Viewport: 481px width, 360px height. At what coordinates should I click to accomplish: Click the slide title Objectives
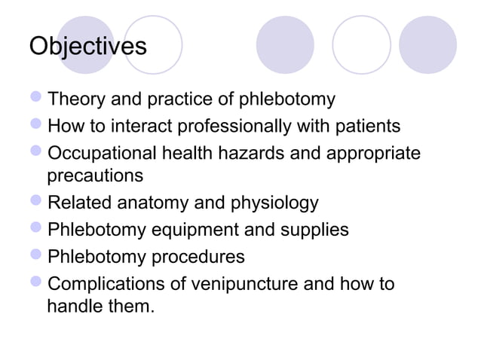[x=87, y=46]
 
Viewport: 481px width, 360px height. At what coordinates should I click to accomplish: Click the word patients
[x=369, y=125]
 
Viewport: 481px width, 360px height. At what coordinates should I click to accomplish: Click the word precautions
[x=94, y=177]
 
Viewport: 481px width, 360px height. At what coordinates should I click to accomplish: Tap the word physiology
[x=277, y=204]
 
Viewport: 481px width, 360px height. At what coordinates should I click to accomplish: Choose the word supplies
[x=320, y=230]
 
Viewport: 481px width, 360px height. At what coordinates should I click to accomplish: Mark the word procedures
[x=199, y=256]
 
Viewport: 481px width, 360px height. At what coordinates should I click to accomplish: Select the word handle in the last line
[x=72, y=307]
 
